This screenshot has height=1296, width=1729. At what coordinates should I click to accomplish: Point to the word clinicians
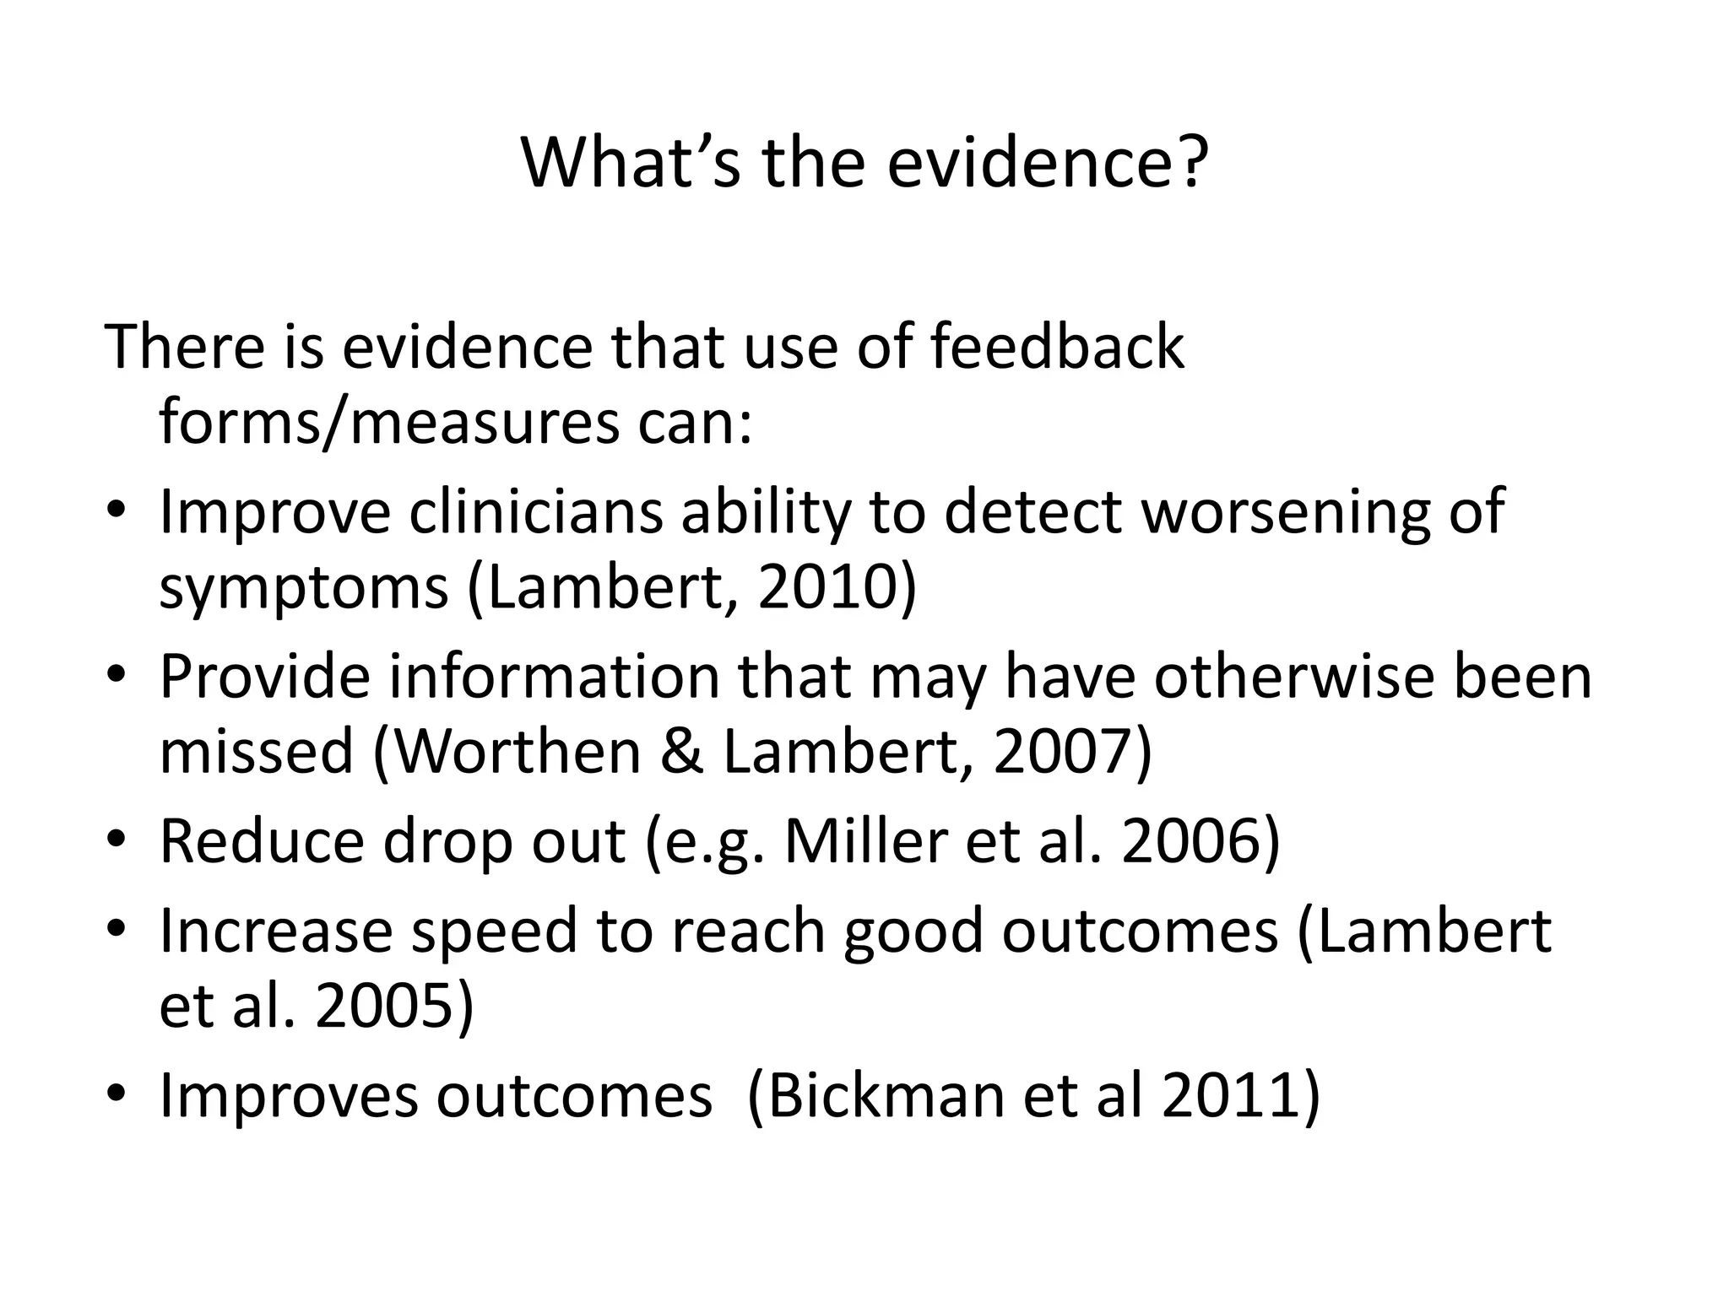point(537,511)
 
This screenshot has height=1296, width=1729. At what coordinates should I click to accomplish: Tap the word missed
point(256,751)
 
